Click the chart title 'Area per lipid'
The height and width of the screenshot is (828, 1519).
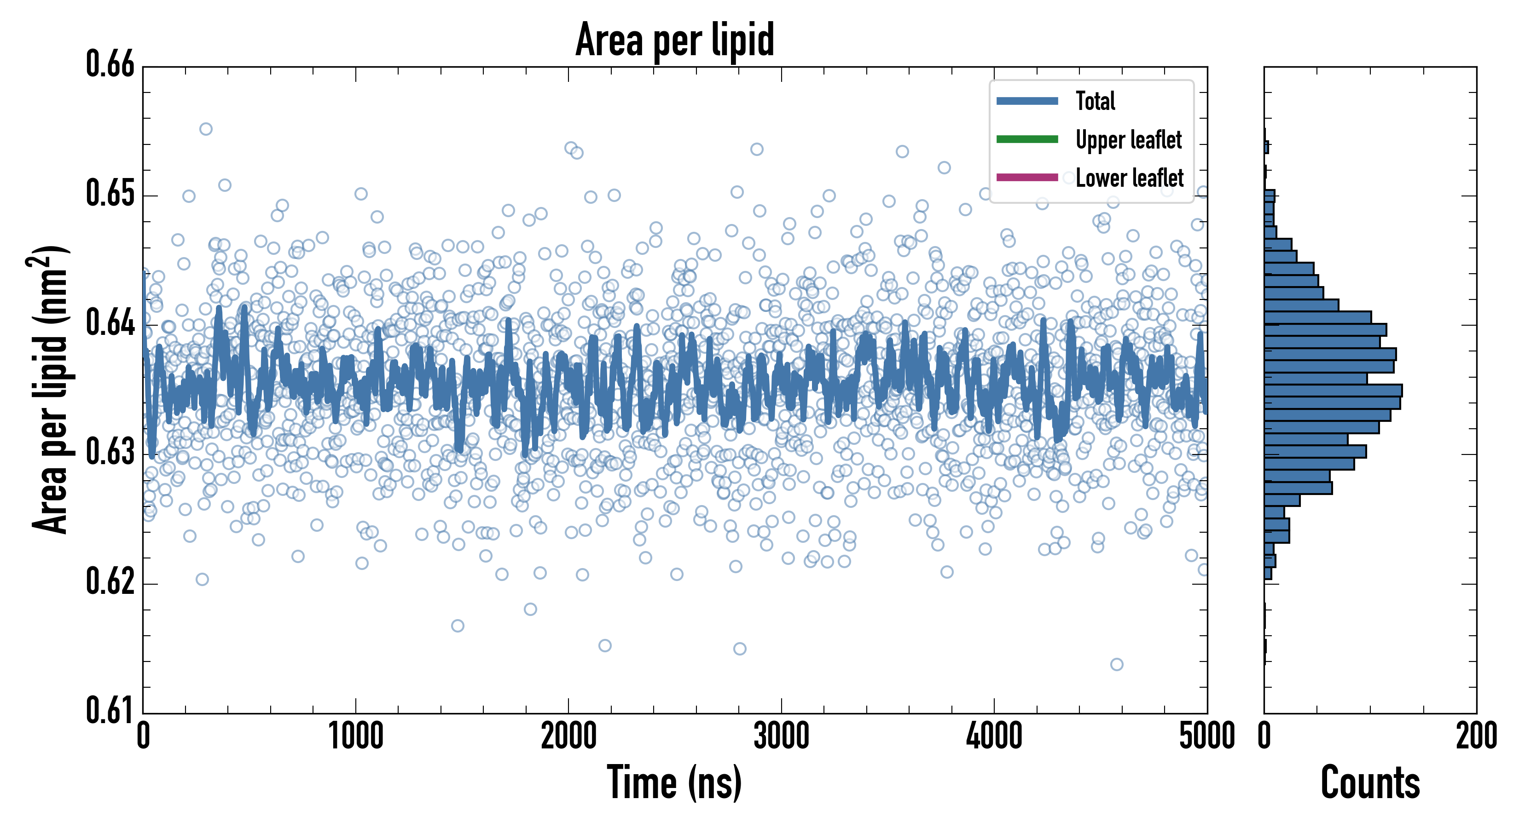pos(675,40)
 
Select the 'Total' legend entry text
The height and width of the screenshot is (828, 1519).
pos(1095,101)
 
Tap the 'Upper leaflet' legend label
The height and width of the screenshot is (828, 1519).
pos(1128,140)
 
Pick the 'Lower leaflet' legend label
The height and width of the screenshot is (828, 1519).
pos(1129,178)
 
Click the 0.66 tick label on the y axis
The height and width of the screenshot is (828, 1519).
pos(110,64)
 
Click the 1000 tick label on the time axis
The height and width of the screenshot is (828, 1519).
pos(355,736)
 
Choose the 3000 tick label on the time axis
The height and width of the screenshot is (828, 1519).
pos(781,736)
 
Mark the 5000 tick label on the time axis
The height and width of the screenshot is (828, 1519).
pos(1206,736)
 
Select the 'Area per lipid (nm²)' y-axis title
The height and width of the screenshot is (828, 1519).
pos(50,389)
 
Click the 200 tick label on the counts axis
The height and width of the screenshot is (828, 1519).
pos(1476,736)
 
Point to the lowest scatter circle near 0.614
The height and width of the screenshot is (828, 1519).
pos(1116,665)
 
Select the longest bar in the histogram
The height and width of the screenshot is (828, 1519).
pos(1333,391)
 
